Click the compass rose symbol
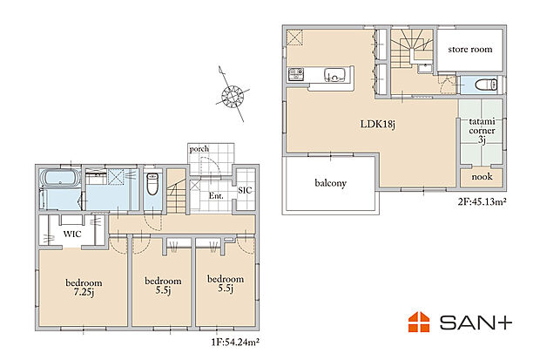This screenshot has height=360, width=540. tap(233, 95)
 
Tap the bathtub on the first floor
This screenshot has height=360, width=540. tap(61, 179)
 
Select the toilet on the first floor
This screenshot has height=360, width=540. tap(152, 183)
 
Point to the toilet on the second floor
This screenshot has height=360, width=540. tap(486, 85)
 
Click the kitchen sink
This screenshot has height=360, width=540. tap(334, 75)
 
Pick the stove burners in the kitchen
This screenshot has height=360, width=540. tap(296, 74)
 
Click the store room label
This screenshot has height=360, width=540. tap(470, 50)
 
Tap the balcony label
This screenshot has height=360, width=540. tap(330, 183)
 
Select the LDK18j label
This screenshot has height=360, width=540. tap(377, 124)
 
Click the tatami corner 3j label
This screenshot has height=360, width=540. tap(482, 131)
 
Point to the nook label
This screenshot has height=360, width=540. tap(482, 177)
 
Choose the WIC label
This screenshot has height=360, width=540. tap(72, 234)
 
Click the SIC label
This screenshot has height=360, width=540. tap(245, 190)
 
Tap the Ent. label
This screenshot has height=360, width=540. tap(216, 196)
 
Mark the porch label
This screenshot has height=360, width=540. tap(199, 149)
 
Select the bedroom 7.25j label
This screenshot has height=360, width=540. tap(84, 288)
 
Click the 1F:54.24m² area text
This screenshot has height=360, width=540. tap(235, 343)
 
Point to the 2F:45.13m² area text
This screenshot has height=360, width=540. tap(482, 201)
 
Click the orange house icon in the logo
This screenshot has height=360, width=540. tap(419, 322)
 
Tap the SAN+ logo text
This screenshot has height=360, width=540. tap(476, 323)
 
